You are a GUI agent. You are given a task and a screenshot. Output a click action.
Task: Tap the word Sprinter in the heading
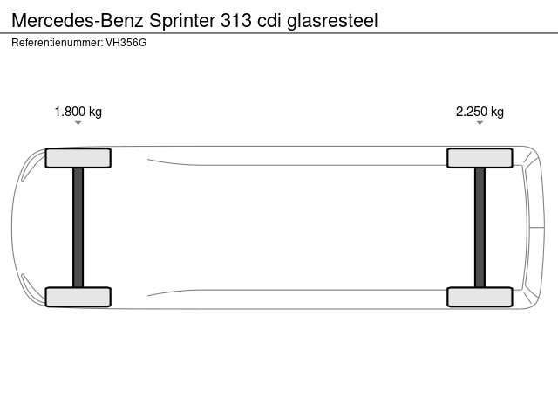coord(182,21)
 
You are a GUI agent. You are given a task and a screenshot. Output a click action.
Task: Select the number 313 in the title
coord(236,21)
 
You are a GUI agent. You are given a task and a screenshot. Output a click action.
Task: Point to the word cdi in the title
coord(269,21)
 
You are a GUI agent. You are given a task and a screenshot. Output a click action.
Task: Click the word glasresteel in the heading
coord(332,21)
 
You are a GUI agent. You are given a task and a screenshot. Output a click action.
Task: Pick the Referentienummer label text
coord(58,43)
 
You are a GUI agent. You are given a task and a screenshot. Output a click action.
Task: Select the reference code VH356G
coord(126,43)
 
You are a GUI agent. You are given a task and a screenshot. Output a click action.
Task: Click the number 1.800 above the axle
coord(70,112)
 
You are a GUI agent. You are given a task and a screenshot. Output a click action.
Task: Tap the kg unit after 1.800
coord(95,113)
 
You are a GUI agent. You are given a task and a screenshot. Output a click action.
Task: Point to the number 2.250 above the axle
coord(472,112)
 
